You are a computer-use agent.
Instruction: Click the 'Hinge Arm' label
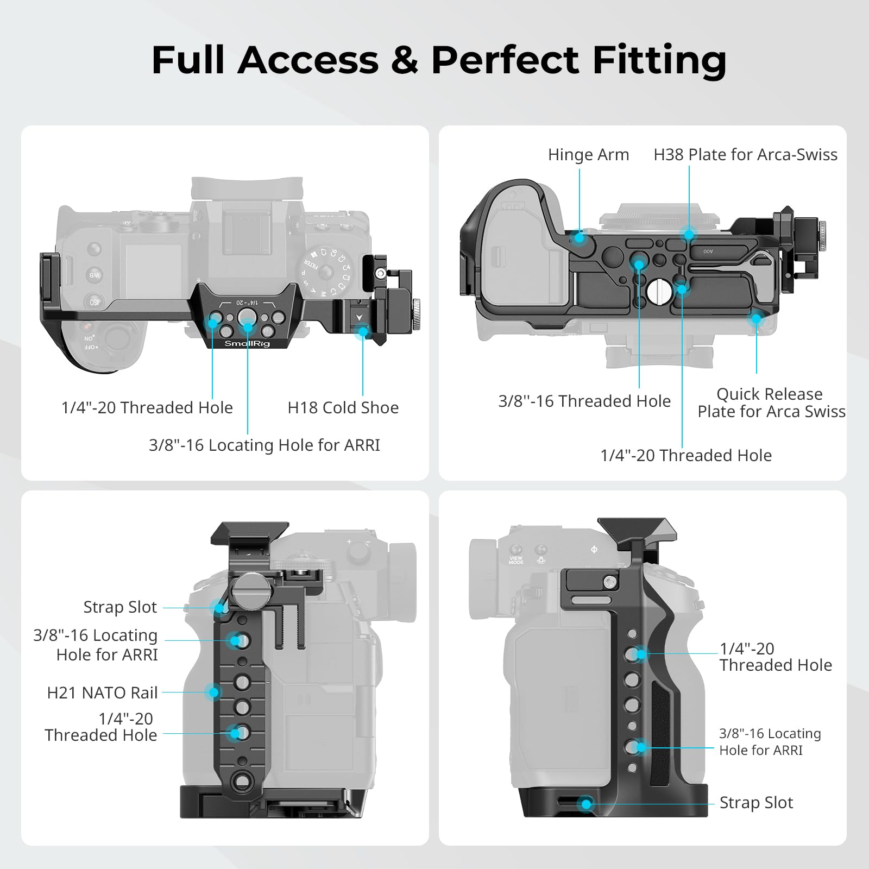click(x=588, y=155)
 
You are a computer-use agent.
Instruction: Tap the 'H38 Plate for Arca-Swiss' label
click(x=745, y=155)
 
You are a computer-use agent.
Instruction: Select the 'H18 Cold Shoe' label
click(x=343, y=408)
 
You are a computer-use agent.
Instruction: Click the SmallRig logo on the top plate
click(x=247, y=343)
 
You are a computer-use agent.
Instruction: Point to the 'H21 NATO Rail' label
click(x=102, y=692)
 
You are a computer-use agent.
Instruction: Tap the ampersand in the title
click(x=404, y=60)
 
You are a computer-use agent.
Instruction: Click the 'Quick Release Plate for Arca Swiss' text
click(x=771, y=402)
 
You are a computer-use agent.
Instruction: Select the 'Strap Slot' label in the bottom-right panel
click(x=756, y=803)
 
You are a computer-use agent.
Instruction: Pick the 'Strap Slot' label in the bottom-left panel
click(x=120, y=607)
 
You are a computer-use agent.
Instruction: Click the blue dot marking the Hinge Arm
click(x=580, y=237)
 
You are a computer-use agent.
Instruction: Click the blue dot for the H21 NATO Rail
click(x=213, y=692)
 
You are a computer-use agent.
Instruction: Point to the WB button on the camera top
click(x=95, y=275)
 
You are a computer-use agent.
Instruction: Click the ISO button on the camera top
click(x=93, y=302)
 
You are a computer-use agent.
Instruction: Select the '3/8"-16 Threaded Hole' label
click(x=584, y=401)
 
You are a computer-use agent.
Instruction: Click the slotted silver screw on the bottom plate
click(x=656, y=291)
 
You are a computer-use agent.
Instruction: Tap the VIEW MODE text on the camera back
click(x=516, y=559)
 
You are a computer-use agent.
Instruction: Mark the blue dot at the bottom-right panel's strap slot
click(x=586, y=804)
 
